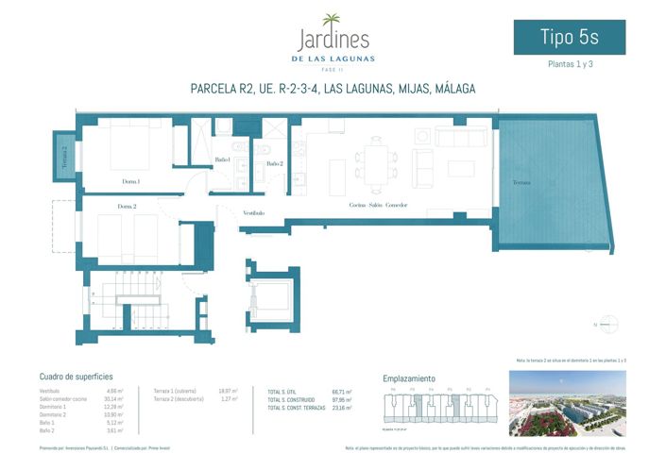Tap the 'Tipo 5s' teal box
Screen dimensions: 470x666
[x=569, y=37]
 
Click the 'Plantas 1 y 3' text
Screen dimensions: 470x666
[x=570, y=65]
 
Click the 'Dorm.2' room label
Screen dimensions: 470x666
[x=128, y=206]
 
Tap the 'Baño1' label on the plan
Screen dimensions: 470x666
[x=223, y=159]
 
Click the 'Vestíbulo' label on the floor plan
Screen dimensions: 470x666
[x=253, y=213]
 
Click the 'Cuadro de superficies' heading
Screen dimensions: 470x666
[x=77, y=376]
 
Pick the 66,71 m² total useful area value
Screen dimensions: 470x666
[x=342, y=392]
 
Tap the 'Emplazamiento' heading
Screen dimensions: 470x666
[x=409, y=378]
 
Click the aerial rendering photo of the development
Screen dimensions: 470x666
[x=568, y=403]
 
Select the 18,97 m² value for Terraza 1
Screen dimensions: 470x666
[x=228, y=391]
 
